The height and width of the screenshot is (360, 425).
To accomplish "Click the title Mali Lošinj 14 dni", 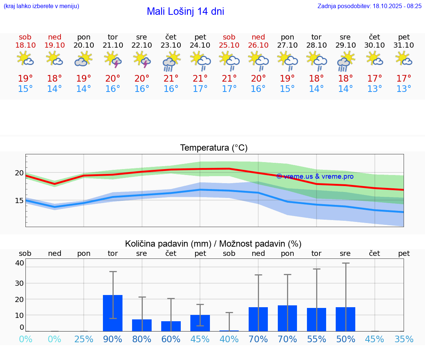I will click(185, 11).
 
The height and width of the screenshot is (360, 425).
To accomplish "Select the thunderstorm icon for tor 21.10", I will click(113, 59).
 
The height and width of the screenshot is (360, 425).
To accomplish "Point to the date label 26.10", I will click(258, 45).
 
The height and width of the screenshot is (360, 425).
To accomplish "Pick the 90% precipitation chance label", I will click(113, 339).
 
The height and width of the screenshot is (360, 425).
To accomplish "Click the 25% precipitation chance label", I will click(84, 339).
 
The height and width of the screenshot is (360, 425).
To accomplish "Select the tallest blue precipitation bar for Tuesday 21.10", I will click(113, 313).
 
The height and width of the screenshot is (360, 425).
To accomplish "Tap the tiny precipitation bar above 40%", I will click(229, 330).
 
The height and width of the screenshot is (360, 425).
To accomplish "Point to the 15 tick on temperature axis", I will click(19, 200).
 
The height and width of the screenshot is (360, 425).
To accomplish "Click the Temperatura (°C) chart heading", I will click(214, 148).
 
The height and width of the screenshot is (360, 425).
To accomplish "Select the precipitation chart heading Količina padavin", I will click(213, 244).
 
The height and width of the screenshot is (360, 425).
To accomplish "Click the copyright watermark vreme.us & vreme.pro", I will click(315, 176).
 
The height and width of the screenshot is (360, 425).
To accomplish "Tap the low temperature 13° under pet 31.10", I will click(404, 89).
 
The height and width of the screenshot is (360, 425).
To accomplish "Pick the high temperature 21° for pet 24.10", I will click(200, 79).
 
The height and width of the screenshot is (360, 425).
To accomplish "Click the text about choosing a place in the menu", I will click(41, 6).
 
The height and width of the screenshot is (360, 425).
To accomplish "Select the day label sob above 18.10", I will click(25, 37).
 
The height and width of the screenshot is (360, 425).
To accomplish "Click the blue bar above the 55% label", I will click(317, 319).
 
